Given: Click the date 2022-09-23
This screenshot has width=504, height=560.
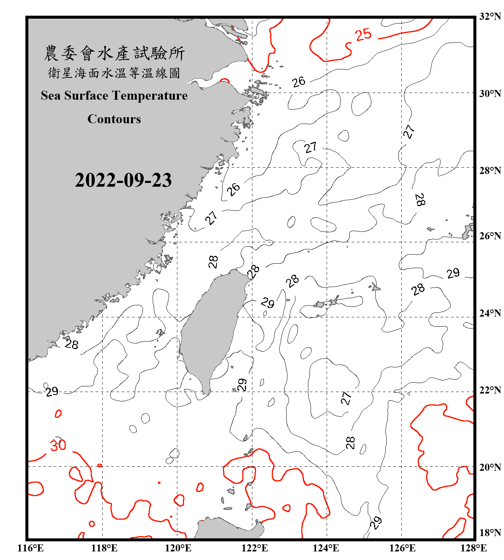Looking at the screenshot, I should [x=123, y=180].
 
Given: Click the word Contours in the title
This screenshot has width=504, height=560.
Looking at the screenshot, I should [x=114, y=119].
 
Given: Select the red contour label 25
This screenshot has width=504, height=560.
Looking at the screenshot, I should [x=363, y=35].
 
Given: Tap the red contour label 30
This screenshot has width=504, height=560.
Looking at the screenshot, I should [x=58, y=445].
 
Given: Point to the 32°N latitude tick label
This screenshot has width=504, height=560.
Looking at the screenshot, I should [x=490, y=16].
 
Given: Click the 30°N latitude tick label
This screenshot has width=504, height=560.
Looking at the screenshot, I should [x=490, y=93].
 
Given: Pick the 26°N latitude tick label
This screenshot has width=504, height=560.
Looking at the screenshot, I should [x=490, y=236].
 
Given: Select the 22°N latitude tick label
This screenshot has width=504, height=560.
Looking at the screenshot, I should [x=490, y=390].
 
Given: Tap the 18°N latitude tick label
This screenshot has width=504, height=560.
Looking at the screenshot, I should [x=490, y=533].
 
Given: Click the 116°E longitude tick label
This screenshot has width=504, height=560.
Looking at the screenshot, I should [x=31, y=548].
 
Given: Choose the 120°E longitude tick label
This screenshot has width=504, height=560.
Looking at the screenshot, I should [x=178, y=548].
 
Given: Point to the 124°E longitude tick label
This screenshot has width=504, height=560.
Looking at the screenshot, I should [x=326, y=548].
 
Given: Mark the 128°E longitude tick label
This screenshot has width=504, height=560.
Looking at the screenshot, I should [x=473, y=548].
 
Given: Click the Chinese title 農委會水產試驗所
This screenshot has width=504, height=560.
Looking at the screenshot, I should [x=114, y=53].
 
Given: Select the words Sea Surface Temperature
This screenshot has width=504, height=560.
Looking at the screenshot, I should [x=114, y=96].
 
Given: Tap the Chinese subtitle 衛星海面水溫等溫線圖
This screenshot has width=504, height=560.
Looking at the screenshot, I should [x=114, y=73].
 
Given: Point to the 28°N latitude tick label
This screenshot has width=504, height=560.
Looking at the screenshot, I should [x=490, y=171].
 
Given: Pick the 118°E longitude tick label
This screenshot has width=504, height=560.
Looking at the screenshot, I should [x=104, y=548].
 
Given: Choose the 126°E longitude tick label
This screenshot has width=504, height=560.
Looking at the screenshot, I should [x=402, y=548].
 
